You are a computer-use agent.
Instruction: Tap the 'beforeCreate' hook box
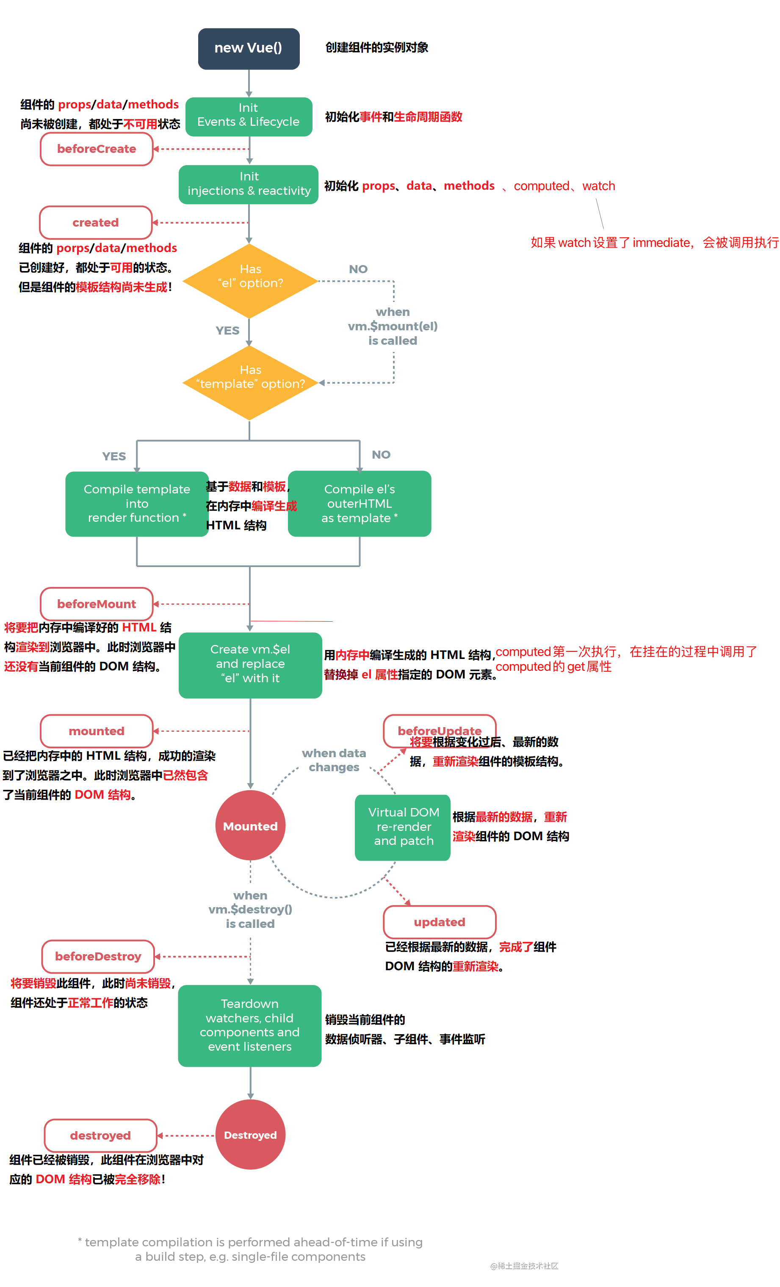point(97,149)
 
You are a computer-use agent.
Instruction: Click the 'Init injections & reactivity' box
point(249,184)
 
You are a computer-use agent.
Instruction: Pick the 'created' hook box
point(96,222)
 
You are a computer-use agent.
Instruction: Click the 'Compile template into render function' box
point(137,504)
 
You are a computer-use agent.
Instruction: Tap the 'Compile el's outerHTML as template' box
point(360,504)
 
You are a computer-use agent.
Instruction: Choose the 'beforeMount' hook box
point(97,604)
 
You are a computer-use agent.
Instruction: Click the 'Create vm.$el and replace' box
point(250,664)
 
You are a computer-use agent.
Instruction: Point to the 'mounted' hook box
point(97,731)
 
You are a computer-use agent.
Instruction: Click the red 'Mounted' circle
point(250,826)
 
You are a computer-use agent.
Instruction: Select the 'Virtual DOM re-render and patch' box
point(403,827)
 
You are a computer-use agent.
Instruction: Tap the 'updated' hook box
point(440,922)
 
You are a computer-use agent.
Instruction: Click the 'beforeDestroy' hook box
point(98,956)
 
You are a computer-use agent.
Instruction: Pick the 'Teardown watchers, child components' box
point(250,1025)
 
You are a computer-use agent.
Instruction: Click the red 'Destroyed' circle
point(250,1135)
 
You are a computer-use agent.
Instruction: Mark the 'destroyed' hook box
point(100,1135)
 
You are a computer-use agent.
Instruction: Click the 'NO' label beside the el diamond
point(358,269)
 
